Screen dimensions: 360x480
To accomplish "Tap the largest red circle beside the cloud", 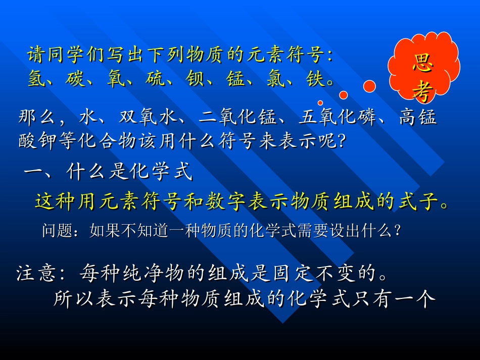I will click(369, 86).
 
